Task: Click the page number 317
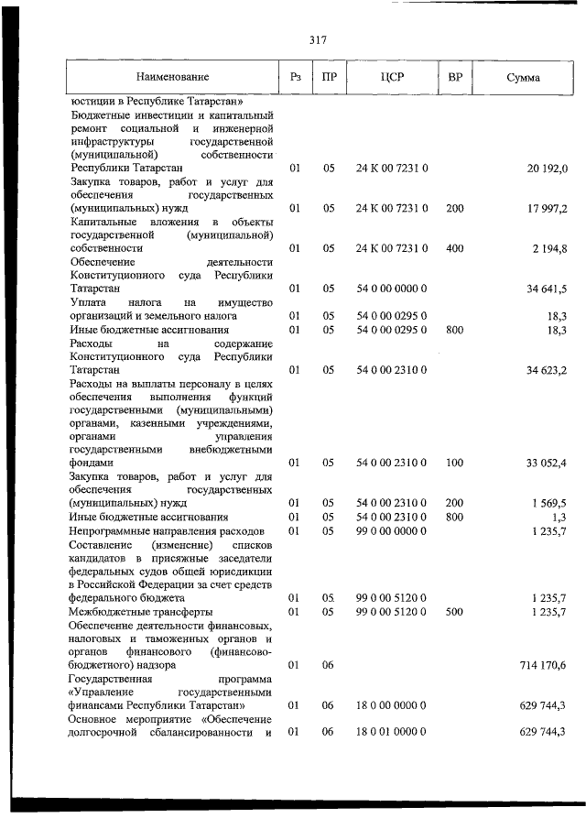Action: [318, 39]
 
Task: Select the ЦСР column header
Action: [391, 78]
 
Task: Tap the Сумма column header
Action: [522, 78]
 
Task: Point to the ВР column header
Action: [454, 78]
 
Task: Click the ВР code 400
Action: [454, 248]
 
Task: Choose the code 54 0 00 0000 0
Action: [392, 289]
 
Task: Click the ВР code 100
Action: [454, 464]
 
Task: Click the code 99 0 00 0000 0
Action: [392, 530]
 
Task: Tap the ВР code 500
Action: [454, 611]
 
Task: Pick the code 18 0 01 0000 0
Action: [392, 732]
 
